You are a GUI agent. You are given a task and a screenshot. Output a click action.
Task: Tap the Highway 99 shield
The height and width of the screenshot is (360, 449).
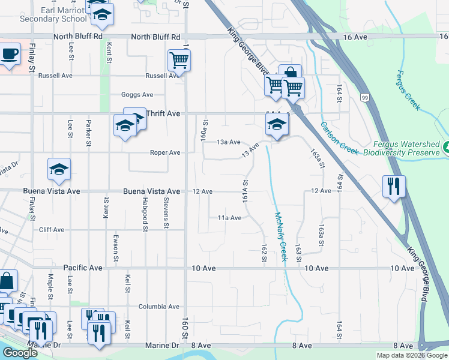pyautogui.click(x=365, y=97)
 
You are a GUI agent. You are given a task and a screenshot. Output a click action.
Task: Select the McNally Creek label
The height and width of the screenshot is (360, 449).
pyautogui.click(x=281, y=236)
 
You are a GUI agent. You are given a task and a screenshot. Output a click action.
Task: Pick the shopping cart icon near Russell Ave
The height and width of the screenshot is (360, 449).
pyautogui.click(x=179, y=60)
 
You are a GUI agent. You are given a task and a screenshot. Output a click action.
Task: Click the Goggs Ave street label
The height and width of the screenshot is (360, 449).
pyautogui.click(x=137, y=95)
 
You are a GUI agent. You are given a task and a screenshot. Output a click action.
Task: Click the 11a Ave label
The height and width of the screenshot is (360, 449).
pyautogui.click(x=229, y=218)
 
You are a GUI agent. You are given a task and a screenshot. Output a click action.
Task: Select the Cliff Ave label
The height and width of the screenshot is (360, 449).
pyautogui.click(x=51, y=230)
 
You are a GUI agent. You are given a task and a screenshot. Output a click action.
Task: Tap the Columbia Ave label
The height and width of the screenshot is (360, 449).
pyautogui.click(x=159, y=307)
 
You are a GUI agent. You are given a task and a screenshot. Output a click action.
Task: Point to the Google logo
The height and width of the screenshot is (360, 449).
pyautogui.click(x=20, y=353)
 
